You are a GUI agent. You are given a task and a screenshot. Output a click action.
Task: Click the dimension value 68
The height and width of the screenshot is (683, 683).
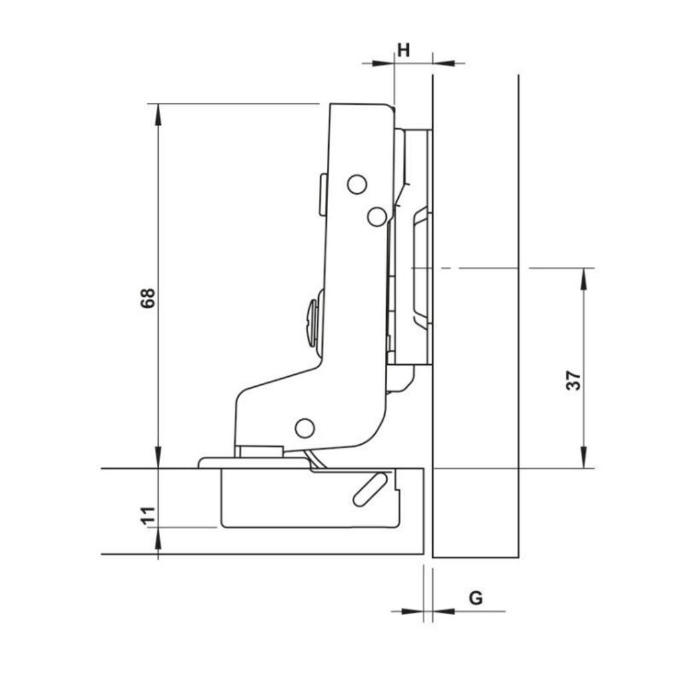click(x=147, y=297)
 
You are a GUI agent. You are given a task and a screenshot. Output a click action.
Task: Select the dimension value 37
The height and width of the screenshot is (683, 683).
click(x=574, y=380)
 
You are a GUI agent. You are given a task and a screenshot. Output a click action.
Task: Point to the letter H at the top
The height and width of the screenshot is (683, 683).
click(x=404, y=49)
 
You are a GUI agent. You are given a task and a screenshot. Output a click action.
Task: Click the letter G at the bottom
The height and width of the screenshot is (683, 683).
click(x=476, y=598)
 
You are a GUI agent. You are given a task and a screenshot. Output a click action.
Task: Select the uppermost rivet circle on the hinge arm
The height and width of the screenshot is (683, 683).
click(x=357, y=184)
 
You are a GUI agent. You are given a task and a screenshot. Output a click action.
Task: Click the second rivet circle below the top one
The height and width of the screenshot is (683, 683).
click(x=377, y=216)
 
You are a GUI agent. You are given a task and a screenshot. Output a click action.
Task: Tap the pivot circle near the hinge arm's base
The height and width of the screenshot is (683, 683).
click(x=305, y=428)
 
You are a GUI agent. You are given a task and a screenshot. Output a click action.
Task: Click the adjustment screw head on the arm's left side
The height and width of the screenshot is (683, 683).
click(x=312, y=323)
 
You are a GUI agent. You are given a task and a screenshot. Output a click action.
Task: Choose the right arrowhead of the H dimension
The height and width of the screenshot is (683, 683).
click(x=444, y=63)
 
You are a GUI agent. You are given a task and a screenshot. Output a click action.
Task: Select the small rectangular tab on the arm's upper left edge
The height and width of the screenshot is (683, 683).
click(x=323, y=194)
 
